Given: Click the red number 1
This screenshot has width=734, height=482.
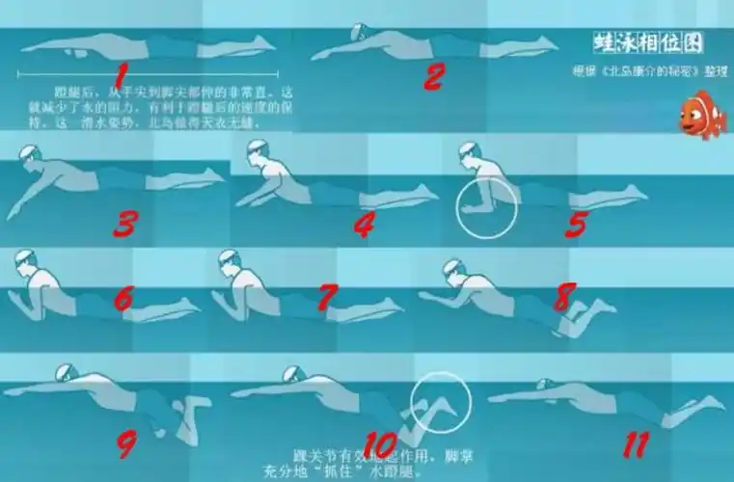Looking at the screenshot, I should [x=121, y=74].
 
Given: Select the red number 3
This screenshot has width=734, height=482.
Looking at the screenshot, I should [x=124, y=224].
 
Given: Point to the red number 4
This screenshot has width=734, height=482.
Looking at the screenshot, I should [x=364, y=224].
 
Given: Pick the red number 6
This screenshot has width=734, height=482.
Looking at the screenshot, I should [x=122, y=298].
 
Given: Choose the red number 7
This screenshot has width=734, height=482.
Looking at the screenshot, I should [x=329, y=298].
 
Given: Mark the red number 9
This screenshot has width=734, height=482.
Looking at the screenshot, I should [x=125, y=442].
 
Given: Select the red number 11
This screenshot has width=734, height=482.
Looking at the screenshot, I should [x=634, y=444].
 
